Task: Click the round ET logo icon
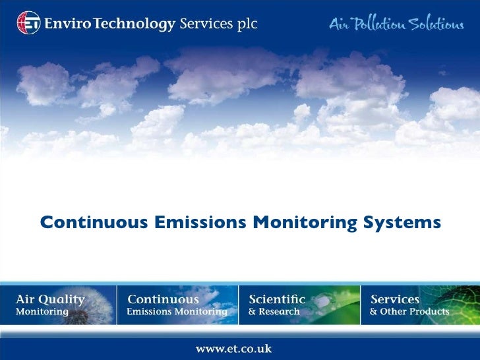tap(28, 23)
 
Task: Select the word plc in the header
tap(245, 25)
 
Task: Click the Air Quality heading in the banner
tap(50, 299)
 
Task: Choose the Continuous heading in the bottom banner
tap(162, 299)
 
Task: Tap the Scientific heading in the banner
tap(277, 299)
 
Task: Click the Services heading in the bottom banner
tap(395, 299)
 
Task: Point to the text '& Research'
tap(274, 312)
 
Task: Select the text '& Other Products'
tap(409, 312)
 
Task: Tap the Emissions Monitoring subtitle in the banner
tap(177, 312)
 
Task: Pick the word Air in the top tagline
tap(338, 24)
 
